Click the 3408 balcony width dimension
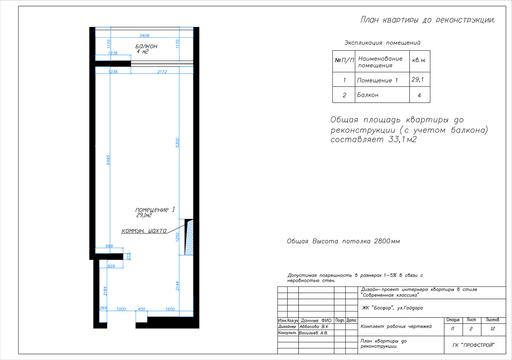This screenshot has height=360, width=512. coord(144,35)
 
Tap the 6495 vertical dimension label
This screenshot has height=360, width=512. coord(108,160)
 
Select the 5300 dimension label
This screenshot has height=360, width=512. coord(177,143)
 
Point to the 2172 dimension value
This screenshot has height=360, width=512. coord(162,72)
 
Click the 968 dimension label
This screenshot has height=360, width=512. coord(109,246)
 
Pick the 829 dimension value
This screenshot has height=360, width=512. coord(111,266)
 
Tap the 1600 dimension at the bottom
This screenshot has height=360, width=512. coord(170,309)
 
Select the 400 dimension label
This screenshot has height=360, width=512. coord(141,309)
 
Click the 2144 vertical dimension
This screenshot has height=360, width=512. coord(177,286)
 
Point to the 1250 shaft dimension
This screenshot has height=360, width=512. coord(177,237)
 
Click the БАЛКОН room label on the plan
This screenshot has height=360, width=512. coord(146,46)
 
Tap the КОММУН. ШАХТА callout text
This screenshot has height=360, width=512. coord(144,231)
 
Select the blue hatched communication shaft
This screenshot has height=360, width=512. coord(189,238)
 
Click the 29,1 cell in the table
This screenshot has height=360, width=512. coord(417,80)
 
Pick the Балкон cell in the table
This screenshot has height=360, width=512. coord(368,95)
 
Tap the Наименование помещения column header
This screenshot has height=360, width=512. coord(380,62)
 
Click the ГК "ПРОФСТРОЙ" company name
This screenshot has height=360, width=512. coord(473,345)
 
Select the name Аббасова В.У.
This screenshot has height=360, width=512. coord(314,327)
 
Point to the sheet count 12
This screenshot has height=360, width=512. coord(492,329)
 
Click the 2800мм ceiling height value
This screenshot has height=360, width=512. coord(387,241)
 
